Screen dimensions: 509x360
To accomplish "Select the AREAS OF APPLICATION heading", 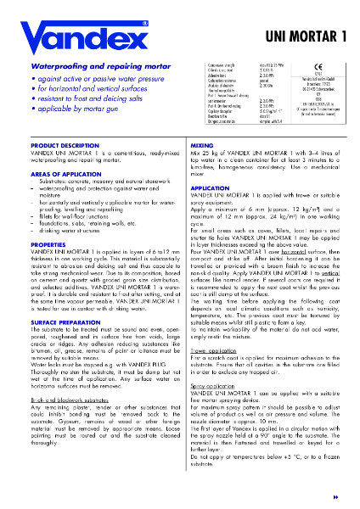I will coord(50,173).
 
